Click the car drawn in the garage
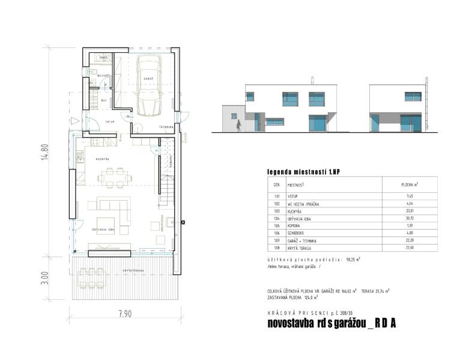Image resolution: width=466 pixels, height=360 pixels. [147, 85]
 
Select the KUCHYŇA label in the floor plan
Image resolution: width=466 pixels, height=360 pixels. [101, 159]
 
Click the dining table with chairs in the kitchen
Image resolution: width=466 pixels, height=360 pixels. [115, 175]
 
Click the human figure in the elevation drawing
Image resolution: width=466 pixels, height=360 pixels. [238, 126]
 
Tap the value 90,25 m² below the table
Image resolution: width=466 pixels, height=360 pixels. [352, 260]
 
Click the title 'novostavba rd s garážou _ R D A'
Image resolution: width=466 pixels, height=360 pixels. [331, 323]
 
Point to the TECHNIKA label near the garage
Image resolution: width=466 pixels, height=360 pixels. [166, 128]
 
